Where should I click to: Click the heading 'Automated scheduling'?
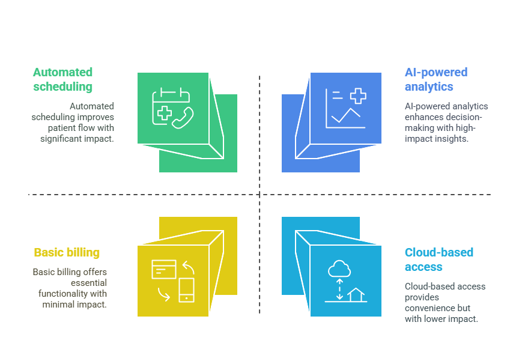point(62,79)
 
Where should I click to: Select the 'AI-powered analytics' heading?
point(436,79)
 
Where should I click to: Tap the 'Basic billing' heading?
point(67,252)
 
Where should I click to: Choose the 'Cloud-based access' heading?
point(439,259)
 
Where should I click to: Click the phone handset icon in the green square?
point(183,118)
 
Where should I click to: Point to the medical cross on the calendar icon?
point(164,113)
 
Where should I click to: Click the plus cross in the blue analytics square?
point(358,96)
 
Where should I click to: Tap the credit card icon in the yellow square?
point(163,269)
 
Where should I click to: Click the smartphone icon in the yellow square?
point(186,290)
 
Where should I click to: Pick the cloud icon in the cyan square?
point(339,268)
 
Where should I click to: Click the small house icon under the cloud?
point(356,294)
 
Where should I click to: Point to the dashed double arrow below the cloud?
point(339,289)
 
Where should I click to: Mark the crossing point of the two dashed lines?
point(259,195)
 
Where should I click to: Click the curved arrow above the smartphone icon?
point(189,267)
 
